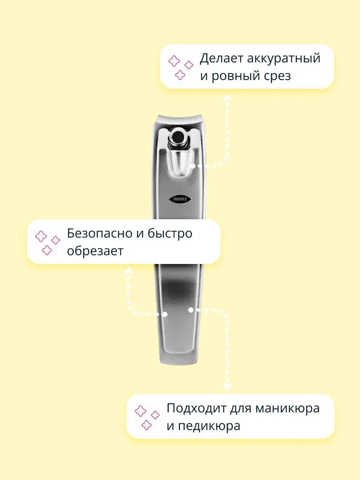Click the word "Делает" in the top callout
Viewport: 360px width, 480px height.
coord(221,59)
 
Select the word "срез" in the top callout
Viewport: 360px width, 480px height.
coord(277,76)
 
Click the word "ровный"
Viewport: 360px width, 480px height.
coord(236,76)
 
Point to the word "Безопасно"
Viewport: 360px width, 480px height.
coord(100,233)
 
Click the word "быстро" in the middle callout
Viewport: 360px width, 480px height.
coord(170,234)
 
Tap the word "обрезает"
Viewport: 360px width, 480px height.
coord(95,251)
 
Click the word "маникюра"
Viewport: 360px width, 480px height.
coord(288,408)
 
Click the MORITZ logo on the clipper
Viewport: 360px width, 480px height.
coord(180,199)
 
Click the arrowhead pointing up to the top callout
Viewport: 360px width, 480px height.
coord(227,97)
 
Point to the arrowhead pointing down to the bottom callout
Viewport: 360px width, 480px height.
coord(227,386)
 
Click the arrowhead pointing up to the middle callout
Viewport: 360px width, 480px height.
coord(129,270)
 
